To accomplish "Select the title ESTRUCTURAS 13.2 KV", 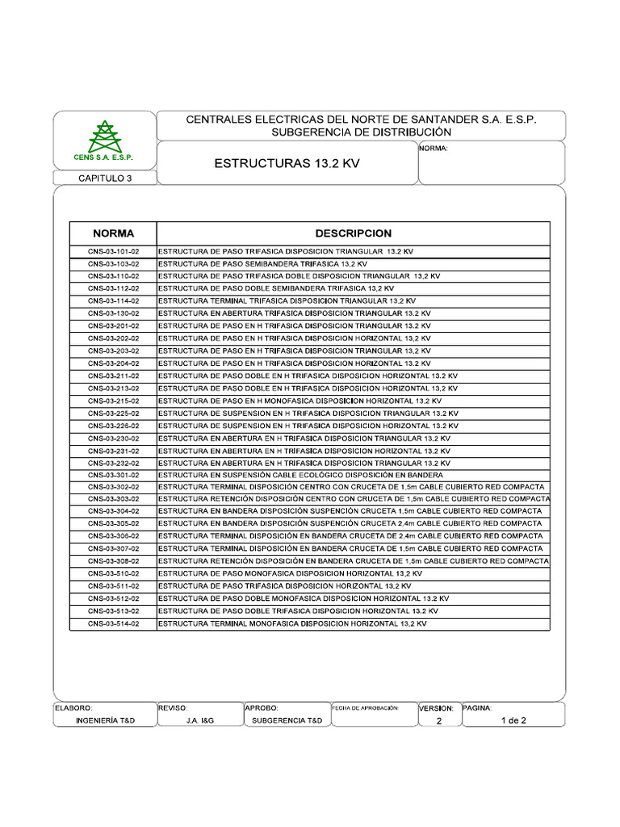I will click(287, 163).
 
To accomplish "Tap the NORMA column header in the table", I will click(113, 233).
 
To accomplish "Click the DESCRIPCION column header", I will click(353, 233).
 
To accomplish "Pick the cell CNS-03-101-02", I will click(113, 252).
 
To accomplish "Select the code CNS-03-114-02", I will click(113, 300).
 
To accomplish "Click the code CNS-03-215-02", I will click(113, 401).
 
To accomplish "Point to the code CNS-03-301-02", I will click(113, 475).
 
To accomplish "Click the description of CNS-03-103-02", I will click(262, 264).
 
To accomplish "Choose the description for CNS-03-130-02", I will click(294, 313).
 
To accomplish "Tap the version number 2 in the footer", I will click(438, 721).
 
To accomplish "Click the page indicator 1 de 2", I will click(513, 721).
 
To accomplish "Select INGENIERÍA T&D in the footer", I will click(104, 721).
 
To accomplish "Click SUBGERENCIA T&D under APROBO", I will click(287, 721).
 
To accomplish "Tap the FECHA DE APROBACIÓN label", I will click(366, 707).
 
